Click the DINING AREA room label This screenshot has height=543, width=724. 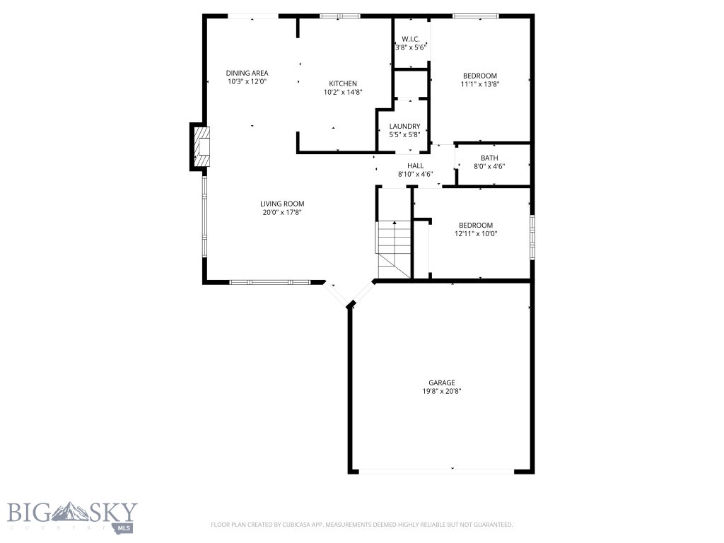point(247,73)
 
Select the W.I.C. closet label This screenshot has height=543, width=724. point(411,38)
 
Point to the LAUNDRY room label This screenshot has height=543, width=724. point(404,126)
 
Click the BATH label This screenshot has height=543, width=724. point(489,158)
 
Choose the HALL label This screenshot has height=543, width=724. point(415,165)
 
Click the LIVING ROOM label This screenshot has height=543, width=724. point(282,204)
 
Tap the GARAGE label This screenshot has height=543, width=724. point(441,383)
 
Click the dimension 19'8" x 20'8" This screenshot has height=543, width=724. point(441,391)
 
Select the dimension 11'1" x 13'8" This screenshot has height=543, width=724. point(480,84)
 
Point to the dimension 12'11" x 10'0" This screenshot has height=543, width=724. point(474,233)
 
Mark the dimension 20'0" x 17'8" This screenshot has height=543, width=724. point(282,212)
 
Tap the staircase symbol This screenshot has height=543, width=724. point(393,248)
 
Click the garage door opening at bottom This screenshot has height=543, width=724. point(436,471)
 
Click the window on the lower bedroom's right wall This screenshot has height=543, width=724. point(532,232)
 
